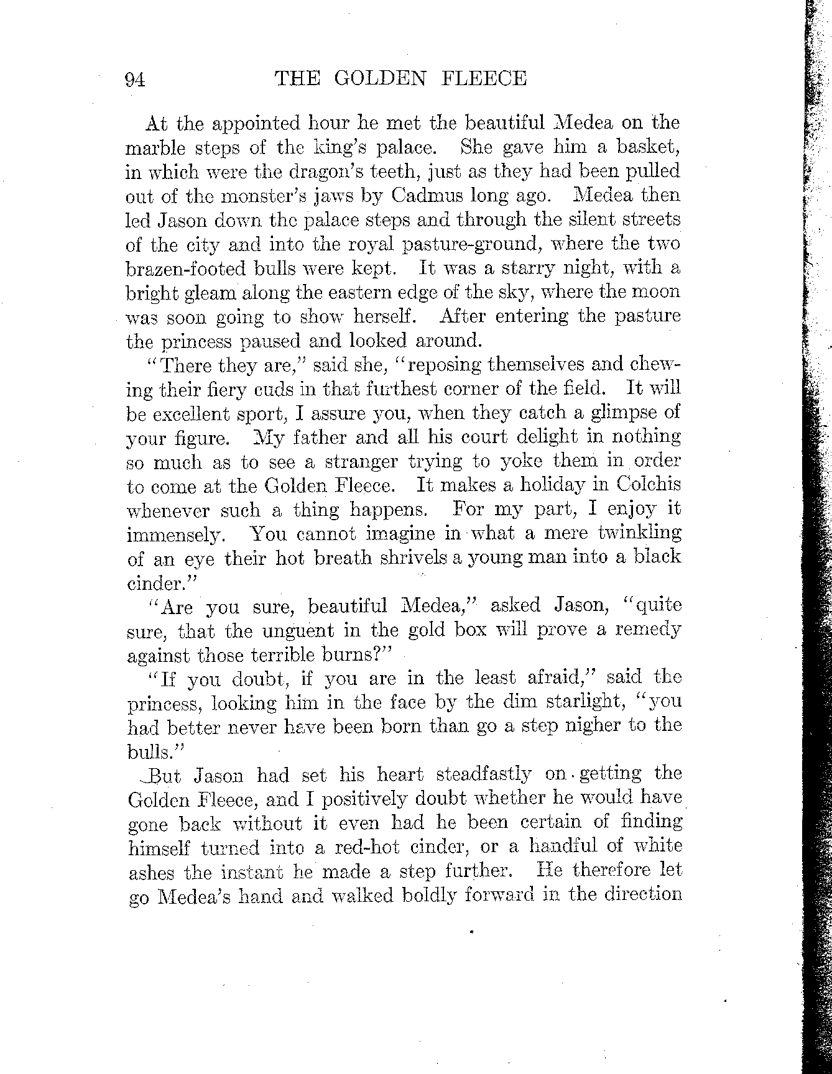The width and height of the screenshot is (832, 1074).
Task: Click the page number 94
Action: (x=134, y=80)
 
